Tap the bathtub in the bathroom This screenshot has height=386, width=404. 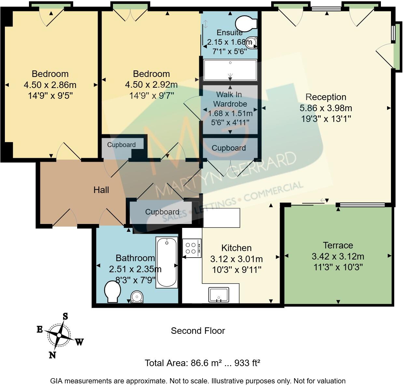tap(167, 262)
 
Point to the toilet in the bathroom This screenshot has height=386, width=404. tap(112, 292)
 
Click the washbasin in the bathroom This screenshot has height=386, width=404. tap(137, 297)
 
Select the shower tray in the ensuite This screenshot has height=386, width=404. tap(230, 70)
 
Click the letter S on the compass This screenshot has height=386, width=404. tap(65, 316)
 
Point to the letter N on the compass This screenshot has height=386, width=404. tap(52, 355)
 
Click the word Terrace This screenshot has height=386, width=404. tap(338, 245)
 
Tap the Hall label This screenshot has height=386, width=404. tap(101, 190)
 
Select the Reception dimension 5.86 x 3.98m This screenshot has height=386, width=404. tap(326, 108)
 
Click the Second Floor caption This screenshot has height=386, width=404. tap(198, 331)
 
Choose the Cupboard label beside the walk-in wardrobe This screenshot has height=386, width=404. tap(229, 148)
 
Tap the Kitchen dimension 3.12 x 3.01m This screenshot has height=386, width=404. tap(236, 259)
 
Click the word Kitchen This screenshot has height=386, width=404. tap(236, 248)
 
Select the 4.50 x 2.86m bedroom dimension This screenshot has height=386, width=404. tap(50, 85)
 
